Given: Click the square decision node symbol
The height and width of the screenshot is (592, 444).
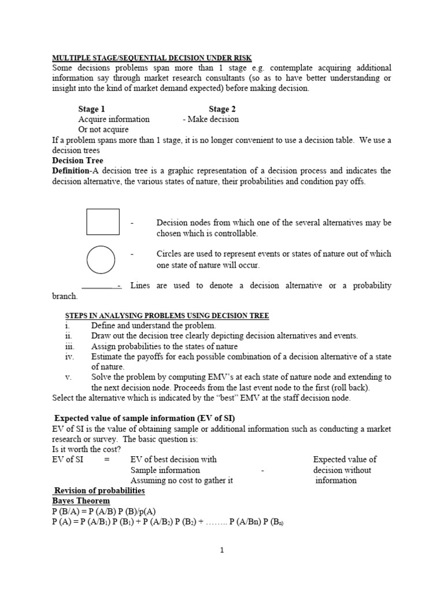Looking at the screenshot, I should [x=103, y=222].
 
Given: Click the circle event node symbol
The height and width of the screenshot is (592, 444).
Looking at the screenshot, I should [x=100, y=260].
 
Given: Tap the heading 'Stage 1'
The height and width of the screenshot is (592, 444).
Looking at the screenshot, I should [x=92, y=109].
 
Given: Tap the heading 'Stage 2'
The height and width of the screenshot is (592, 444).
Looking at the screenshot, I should [x=222, y=109].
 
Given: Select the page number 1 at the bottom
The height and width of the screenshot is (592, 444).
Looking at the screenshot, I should [x=222, y=550].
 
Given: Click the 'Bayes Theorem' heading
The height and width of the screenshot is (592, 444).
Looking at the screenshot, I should [x=81, y=501].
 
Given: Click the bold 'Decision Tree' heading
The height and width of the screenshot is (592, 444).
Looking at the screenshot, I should [x=78, y=161].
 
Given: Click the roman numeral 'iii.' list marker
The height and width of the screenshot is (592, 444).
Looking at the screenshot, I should [x=70, y=346].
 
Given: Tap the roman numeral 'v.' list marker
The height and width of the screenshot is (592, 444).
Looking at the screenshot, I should [x=68, y=377].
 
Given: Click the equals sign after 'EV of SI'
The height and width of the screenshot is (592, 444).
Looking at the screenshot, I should [x=106, y=460].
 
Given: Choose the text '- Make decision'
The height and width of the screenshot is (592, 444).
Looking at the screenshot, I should [x=210, y=119].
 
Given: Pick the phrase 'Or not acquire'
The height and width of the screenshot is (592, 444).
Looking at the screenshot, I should [x=103, y=129].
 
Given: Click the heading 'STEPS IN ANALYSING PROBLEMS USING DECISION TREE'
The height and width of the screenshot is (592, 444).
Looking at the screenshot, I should [x=166, y=316].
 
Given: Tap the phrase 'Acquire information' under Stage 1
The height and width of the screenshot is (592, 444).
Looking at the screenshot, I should [x=114, y=119].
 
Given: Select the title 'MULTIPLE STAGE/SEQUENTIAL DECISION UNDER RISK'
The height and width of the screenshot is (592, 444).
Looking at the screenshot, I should [x=154, y=58].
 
